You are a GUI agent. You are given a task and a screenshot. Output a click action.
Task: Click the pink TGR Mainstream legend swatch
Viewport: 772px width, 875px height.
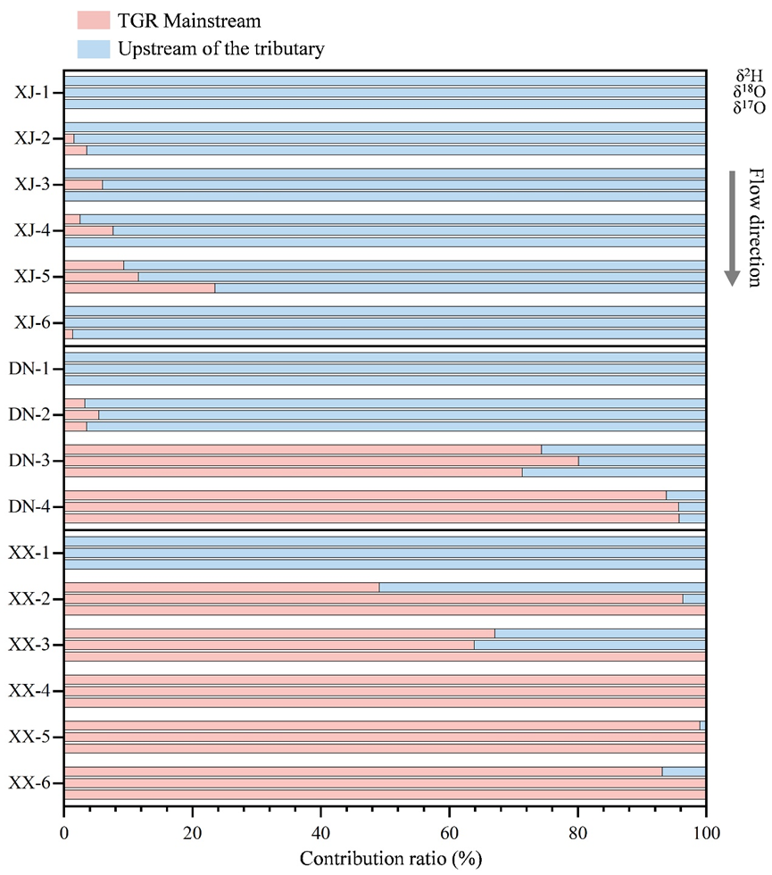[x=93, y=20]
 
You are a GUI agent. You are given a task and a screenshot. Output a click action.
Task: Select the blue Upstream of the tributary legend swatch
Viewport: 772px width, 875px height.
[x=93, y=48]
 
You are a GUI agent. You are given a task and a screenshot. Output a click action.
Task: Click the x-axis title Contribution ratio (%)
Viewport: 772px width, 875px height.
[x=385, y=859]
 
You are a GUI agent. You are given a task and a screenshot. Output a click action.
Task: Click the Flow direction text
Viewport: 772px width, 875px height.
[x=754, y=227]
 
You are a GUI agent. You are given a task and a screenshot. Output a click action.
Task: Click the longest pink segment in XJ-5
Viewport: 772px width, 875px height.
[x=139, y=287]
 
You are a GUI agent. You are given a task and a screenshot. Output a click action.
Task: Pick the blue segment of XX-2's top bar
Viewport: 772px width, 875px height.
[x=542, y=587]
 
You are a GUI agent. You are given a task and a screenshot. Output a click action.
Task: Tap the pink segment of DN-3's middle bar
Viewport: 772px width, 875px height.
[x=321, y=461]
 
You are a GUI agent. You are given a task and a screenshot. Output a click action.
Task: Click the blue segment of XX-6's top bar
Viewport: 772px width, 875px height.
[x=684, y=771]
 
